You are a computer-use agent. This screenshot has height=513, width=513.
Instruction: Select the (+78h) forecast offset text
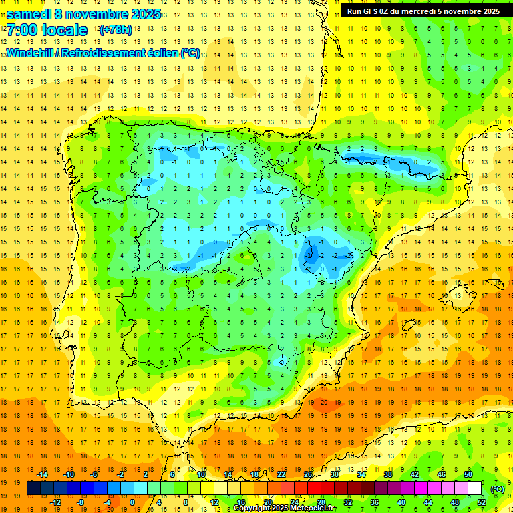tap(116, 30)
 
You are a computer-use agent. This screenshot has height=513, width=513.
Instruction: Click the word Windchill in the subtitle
tap(29, 53)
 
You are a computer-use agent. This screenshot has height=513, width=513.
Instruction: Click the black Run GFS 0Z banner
tap(423, 11)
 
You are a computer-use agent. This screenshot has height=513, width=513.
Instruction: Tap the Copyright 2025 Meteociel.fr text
tap(285, 508)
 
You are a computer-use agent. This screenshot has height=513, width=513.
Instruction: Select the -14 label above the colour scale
tap(41, 474)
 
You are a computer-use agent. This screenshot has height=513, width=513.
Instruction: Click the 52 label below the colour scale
tap(482, 502)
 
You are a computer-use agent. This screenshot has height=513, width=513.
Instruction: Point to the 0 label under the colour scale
tap(132, 502)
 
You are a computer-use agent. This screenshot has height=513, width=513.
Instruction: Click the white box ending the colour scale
tap(474, 488)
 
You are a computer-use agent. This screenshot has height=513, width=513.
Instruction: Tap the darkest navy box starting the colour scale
tap(33, 488)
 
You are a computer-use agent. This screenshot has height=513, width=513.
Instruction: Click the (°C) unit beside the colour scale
tap(497, 488)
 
